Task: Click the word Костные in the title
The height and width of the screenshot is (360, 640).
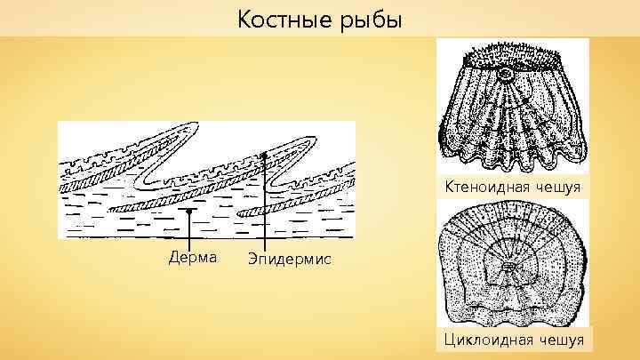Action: click(281, 19)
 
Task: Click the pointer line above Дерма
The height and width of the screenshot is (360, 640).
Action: click(189, 231)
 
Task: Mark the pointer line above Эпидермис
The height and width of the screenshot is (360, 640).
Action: click(264, 204)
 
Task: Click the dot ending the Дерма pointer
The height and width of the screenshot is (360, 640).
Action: click(189, 212)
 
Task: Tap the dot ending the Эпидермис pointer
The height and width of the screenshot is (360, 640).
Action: click(264, 154)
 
